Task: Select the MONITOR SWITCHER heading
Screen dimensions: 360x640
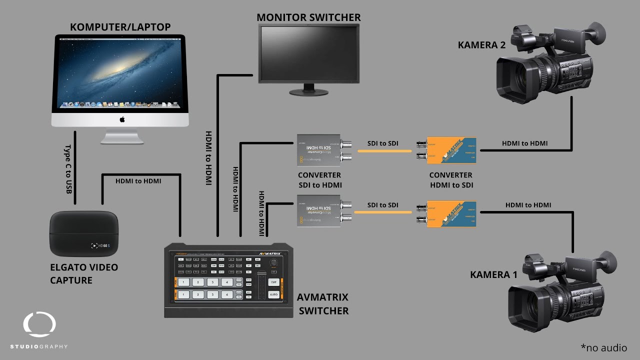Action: coord(308,17)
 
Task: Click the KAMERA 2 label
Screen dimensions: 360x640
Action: coord(481,45)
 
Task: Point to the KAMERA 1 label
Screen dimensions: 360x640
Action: coord(493,274)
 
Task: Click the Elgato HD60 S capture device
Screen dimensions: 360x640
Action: coord(83,233)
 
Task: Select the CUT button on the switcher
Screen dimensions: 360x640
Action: coord(273,282)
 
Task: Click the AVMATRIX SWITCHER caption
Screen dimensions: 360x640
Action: coord(323,303)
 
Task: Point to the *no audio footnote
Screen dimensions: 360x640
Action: coord(603,347)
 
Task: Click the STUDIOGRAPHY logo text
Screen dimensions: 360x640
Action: coord(39,346)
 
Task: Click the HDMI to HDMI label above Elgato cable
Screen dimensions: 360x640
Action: coord(138,180)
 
